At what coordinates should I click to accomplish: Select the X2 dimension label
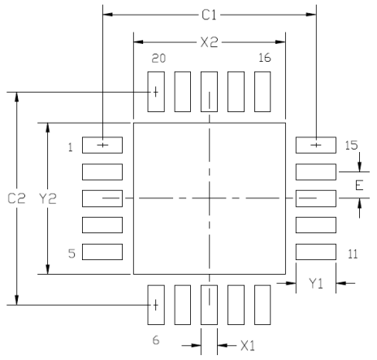point(210,42)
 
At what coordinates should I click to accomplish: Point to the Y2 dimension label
point(47,198)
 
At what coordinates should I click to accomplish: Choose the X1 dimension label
point(248,345)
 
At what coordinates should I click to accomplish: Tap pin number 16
point(264,59)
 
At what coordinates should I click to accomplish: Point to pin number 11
point(352,254)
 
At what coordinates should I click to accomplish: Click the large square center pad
point(209,198)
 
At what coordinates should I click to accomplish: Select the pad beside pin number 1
point(102,145)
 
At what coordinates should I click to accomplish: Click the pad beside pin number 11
point(315,251)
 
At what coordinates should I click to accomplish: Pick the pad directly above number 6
point(156,305)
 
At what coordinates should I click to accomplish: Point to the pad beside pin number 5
point(102,251)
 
